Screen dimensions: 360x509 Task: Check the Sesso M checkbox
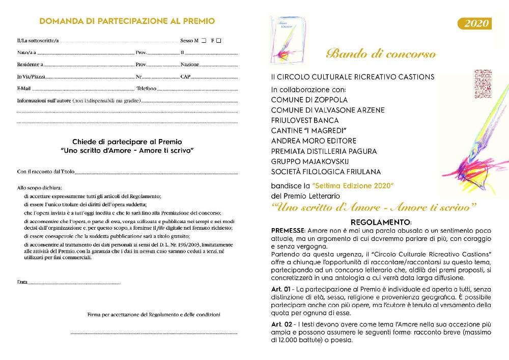(x=204, y=40)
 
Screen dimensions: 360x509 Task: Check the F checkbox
(x=218, y=40)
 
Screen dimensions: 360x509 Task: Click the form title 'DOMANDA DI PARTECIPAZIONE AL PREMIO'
(x=127, y=21)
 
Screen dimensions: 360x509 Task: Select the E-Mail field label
(x=24, y=89)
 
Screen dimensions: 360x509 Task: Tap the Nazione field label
(x=189, y=65)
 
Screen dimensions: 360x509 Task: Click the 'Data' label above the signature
(x=22, y=282)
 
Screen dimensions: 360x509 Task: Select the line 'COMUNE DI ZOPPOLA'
(x=309, y=100)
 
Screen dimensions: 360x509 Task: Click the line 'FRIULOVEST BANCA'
(x=304, y=120)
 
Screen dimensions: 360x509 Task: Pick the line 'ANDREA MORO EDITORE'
(x=314, y=141)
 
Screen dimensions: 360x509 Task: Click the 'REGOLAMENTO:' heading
(x=381, y=223)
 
